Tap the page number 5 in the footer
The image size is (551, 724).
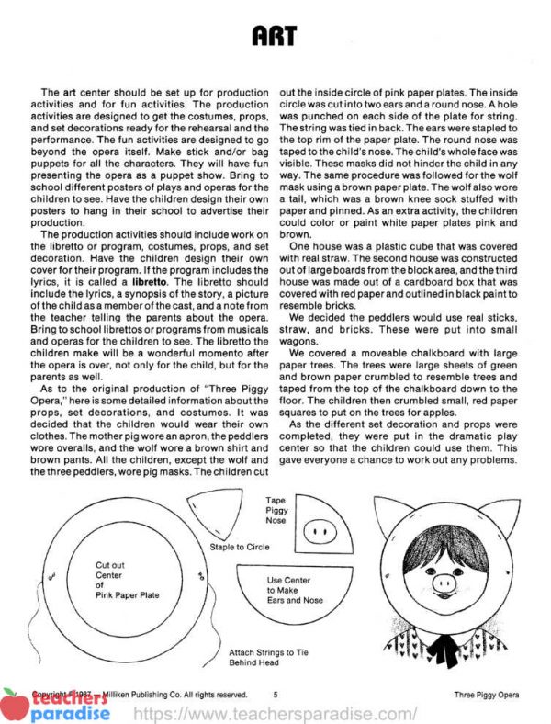[275, 694]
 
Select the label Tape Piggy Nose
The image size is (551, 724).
[275, 513]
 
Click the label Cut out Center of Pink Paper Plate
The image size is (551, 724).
[128, 580]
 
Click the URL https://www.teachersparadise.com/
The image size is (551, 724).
[275, 712]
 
